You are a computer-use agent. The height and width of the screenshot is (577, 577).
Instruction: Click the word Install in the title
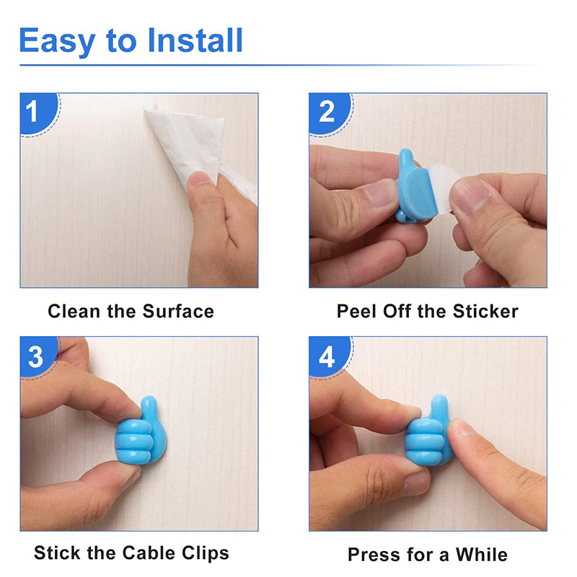(x=195, y=40)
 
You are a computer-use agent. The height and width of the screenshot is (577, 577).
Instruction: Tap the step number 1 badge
(x=33, y=113)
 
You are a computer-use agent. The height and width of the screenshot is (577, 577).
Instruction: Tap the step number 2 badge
(x=327, y=113)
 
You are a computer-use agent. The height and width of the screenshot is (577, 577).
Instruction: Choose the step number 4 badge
(x=327, y=357)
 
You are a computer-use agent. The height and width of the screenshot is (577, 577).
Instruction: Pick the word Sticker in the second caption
(x=485, y=312)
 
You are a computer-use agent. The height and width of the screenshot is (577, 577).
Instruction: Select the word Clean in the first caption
(x=71, y=312)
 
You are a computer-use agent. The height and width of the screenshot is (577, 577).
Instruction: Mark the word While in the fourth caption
(x=481, y=555)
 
